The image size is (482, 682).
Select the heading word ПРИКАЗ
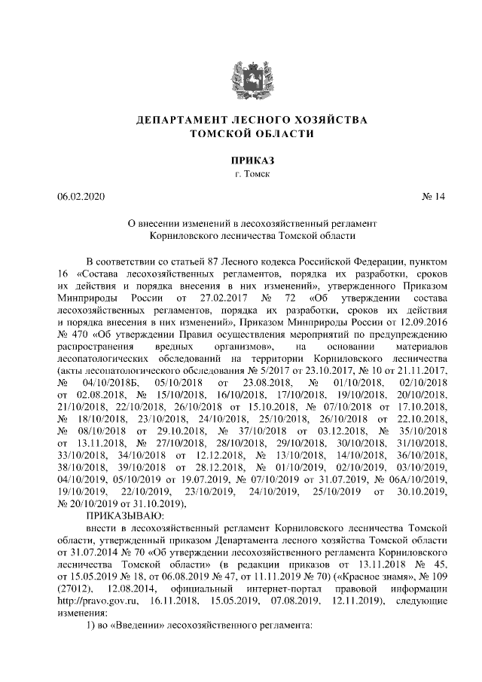[241, 160]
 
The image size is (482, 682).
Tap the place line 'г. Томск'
[241, 174]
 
